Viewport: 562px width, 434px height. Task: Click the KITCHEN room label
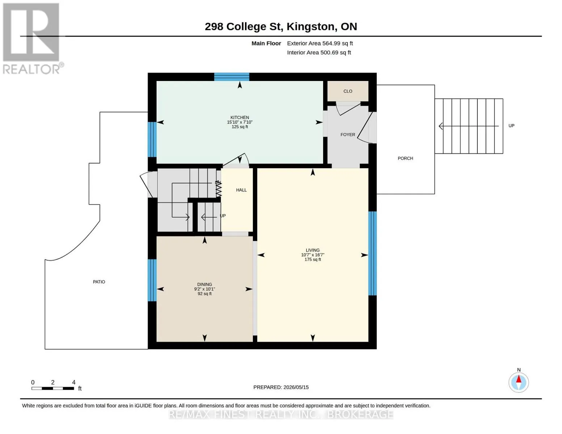[x=240, y=117]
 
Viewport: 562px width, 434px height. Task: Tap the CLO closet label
[x=348, y=91]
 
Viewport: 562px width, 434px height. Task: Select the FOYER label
[x=348, y=135]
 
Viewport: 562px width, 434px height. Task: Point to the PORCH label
[x=405, y=158]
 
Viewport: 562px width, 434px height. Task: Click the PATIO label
[x=99, y=282]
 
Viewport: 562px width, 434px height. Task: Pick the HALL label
[x=241, y=190]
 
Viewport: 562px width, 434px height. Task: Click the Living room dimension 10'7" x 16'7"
[x=313, y=255]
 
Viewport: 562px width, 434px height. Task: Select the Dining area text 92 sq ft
[x=204, y=294]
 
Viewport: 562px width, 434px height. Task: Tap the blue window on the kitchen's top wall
[x=232, y=77]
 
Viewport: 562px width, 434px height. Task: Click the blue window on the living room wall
[x=372, y=253]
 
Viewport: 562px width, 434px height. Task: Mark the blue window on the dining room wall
[x=152, y=280]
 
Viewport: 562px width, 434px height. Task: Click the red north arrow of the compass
[x=519, y=379]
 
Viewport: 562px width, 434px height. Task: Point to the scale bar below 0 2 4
[x=53, y=388]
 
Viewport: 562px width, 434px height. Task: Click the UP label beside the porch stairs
[x=511, y=126]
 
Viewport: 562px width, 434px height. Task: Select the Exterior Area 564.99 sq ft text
[x=320, y=43]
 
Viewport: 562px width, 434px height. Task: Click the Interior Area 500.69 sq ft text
[x=319, y=53]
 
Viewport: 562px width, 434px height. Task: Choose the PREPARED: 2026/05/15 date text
[x=281, y=387]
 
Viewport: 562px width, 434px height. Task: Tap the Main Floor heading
[x=266, y=43]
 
